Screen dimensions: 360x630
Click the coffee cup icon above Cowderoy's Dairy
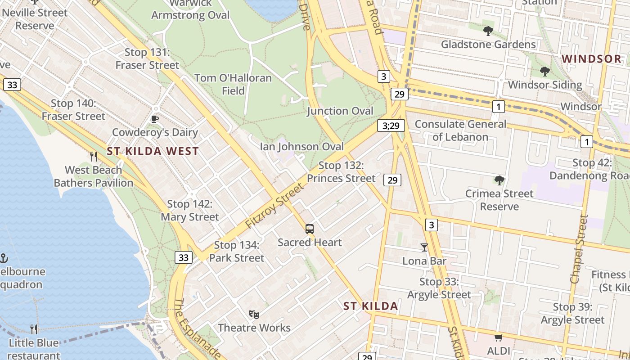pos(155,119)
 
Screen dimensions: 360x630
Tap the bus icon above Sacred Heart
pos(310,229)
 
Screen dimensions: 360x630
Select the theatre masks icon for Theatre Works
pos(254,314)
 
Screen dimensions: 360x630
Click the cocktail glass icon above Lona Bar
pos(424,247)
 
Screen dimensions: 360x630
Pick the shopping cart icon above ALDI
pos(498,337)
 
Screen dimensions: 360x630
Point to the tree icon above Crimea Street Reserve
pos(499,180)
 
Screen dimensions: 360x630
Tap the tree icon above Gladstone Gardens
pos(488,31)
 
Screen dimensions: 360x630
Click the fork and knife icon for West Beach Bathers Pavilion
pos(94,157)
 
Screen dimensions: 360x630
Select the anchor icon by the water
pos(4,258)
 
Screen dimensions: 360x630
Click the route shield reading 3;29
pos(391,126)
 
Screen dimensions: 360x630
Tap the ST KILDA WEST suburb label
pos(153,151)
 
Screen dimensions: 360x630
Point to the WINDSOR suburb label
pos(591,59)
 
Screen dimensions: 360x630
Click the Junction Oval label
pos(340,111)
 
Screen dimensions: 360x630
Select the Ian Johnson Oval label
pos(301,147)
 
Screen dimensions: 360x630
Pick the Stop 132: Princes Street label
pos(341,172)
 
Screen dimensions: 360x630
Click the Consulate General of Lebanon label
pos(460,130)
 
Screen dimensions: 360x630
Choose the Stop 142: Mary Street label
pos(189,211)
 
